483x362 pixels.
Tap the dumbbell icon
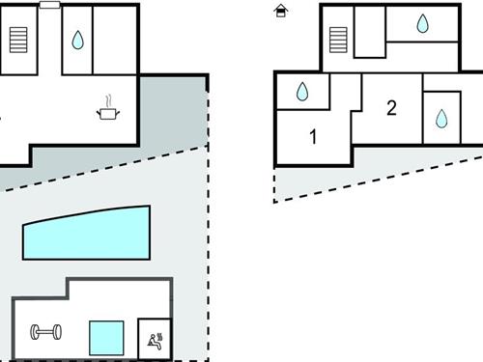coord(45,333)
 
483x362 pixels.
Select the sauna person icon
coord(154,337)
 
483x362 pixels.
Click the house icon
coord(281,11)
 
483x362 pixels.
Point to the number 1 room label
coord(313,136)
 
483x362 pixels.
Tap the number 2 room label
coord(391,107)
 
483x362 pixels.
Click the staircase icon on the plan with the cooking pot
coord(18,40)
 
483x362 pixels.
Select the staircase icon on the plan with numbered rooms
coord(337,40)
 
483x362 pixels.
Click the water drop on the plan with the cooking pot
coord(77,41)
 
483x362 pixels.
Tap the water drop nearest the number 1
coord(302,93)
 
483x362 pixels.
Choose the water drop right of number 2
coord(441,118)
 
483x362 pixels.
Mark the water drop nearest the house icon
coord(422,24)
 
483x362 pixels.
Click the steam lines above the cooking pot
coord(108,98)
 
